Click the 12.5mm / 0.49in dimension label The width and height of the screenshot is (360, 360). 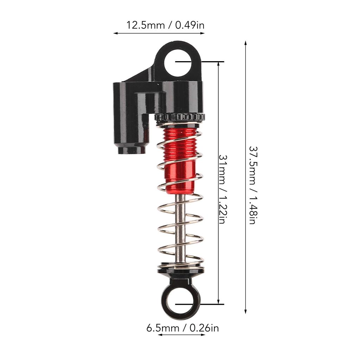(165, 25)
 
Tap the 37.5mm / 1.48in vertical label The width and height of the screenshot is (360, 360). (252, 185)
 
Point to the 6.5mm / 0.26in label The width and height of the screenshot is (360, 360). (182, 328)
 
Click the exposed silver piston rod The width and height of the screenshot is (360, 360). (181, 227)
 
